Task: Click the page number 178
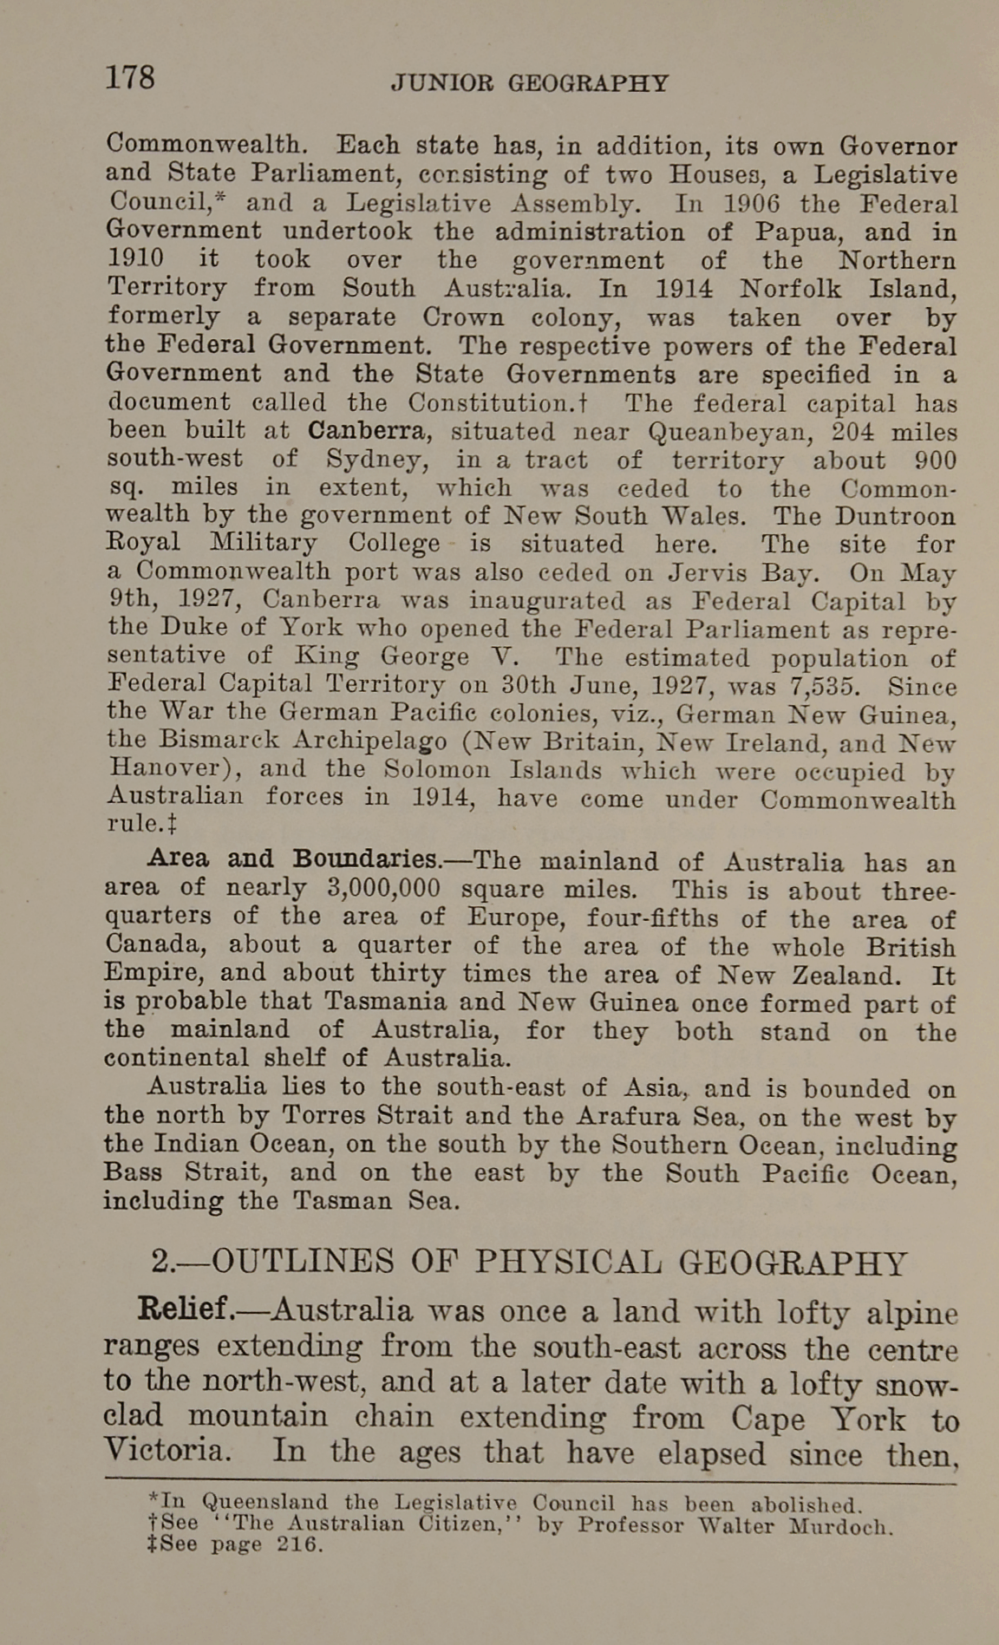click(x=130, y=78)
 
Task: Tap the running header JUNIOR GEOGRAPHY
click(x=530, y=83)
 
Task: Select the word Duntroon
click(x=895, y=516)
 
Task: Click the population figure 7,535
click(x=825, y=687)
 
